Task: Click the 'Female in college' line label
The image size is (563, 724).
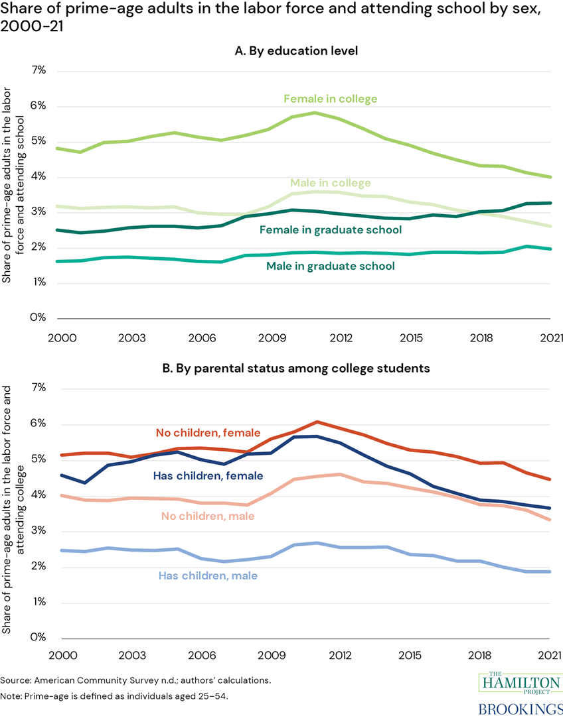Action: coord(330,99)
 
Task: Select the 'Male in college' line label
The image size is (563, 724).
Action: coord(330,183)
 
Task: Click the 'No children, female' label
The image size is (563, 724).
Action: coord(208,433)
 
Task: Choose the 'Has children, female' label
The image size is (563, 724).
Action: coord(208,475)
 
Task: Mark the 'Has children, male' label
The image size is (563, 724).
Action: coord(206,576)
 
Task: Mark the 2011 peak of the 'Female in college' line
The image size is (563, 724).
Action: coord(315,113)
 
